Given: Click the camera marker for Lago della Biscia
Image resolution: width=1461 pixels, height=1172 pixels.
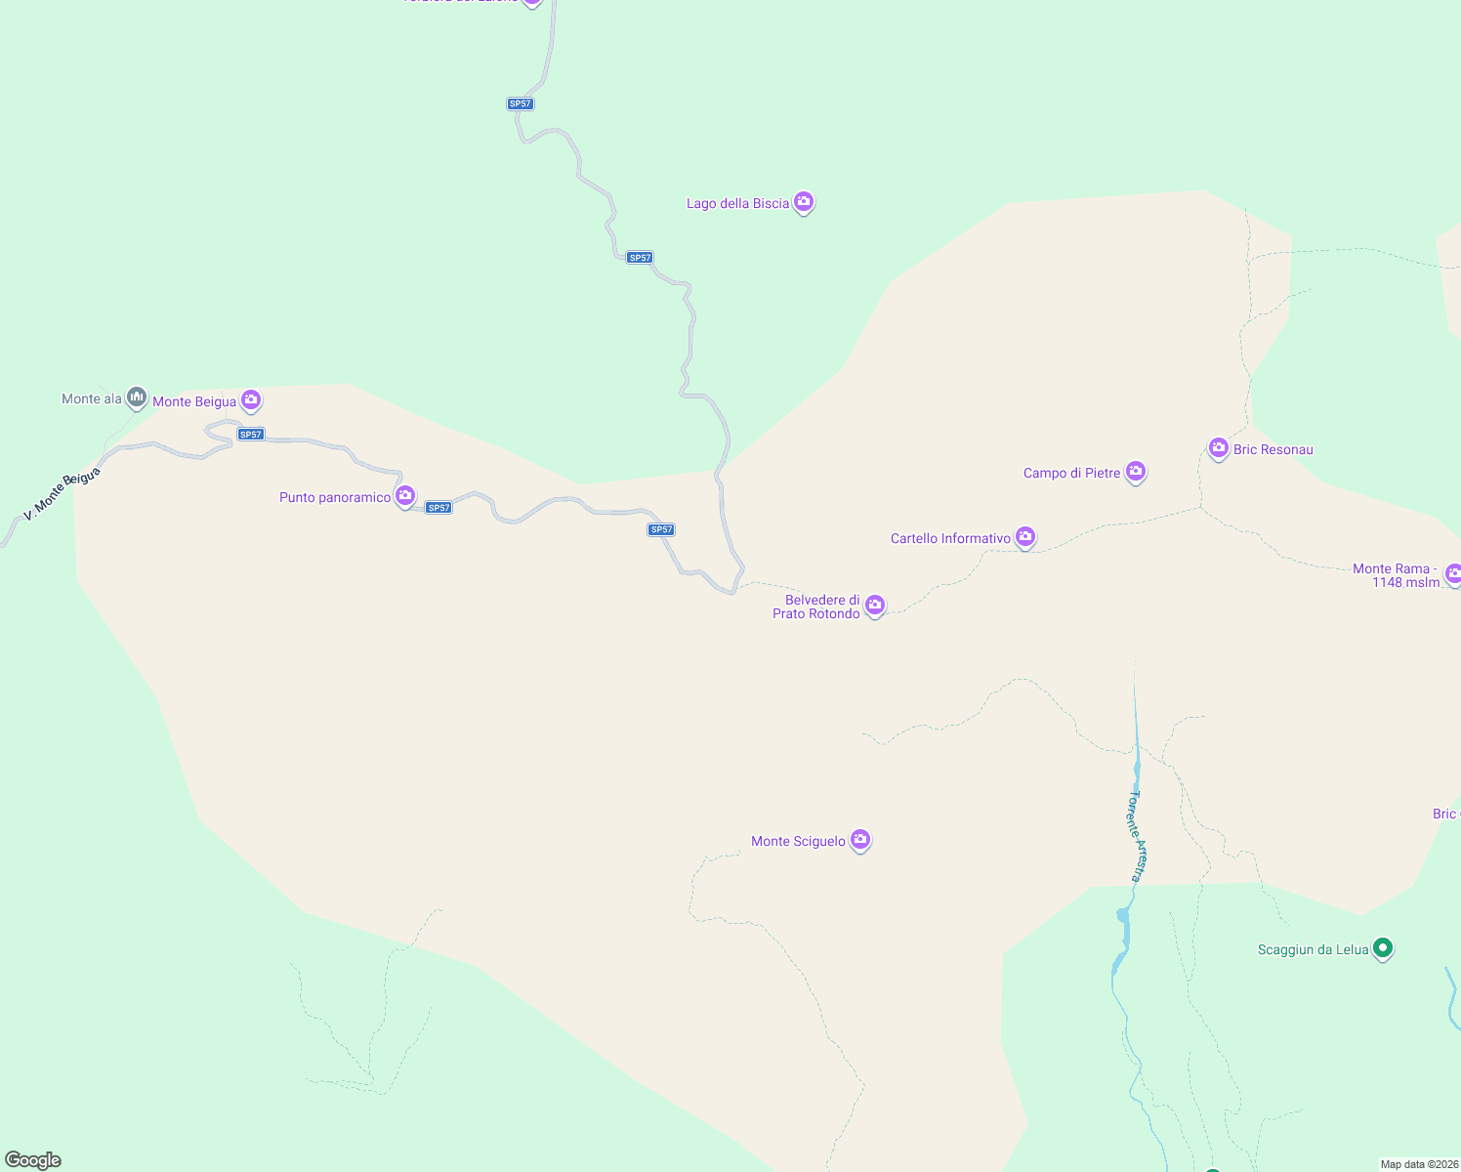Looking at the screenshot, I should click(804, 202).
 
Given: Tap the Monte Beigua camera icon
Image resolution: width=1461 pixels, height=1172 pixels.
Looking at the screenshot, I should click(251, 399).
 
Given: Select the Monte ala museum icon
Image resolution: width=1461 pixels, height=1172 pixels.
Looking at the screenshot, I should click(137, 398).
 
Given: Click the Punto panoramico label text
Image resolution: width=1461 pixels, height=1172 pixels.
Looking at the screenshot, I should click(335, 497).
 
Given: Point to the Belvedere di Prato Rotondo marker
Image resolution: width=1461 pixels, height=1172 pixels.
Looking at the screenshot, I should click(875, 606).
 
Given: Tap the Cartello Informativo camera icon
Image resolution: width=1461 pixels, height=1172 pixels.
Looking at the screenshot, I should click(1024, 536).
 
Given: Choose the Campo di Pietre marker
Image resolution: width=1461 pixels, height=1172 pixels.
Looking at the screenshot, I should click(1135, 472).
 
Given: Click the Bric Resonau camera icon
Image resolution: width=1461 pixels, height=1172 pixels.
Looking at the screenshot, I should click(1218, 448).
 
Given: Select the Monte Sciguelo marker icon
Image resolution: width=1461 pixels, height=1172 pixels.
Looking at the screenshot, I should click(859, 839).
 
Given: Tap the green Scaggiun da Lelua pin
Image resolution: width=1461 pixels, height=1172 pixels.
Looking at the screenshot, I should click(1382, 947).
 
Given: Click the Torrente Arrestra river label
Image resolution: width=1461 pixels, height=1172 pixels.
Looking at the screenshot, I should click(1137, 835).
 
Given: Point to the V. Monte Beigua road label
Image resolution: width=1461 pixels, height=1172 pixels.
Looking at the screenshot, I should click(62, 493).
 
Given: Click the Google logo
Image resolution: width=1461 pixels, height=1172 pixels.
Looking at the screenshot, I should click(33, 1160).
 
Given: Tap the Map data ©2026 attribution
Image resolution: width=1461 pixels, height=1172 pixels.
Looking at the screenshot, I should click(1419, 1164).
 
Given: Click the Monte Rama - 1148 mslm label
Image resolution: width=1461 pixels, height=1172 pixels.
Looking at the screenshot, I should click(1396, 575).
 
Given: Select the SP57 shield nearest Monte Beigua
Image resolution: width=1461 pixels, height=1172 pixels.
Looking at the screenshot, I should click(251, 435).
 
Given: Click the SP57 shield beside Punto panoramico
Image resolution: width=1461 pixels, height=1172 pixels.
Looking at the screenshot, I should click(438, 508).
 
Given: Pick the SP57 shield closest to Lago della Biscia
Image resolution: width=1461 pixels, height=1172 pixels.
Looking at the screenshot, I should click(640, 258).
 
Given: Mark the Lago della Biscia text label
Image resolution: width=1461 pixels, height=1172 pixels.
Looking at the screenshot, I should click(737, 203).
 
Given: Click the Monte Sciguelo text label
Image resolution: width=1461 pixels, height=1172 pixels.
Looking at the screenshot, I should click(798, 841).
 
